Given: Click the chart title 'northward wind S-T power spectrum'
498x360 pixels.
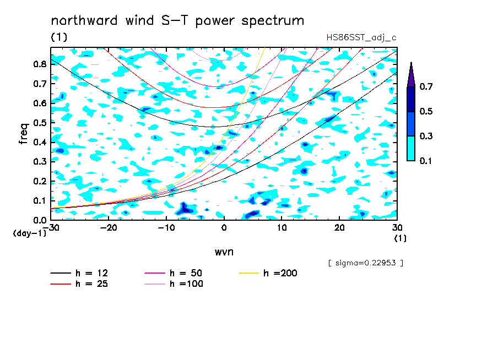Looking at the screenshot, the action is pos(177,21).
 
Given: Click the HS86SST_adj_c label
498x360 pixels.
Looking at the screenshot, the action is pos(361,38).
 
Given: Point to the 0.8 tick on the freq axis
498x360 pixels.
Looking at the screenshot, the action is pos(40,64).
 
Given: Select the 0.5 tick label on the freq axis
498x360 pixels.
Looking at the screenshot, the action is pos(40,123).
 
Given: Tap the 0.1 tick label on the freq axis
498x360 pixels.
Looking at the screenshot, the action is pos(40,201).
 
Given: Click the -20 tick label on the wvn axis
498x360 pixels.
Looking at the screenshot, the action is pos(109,228).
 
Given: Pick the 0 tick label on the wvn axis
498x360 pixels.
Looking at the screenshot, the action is pos(224,228).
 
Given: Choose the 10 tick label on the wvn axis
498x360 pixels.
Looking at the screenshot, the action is pos(282,228).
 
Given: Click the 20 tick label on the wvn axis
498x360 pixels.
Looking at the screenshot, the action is pos(339,228).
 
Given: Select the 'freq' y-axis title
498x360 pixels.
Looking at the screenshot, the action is pos(24,134).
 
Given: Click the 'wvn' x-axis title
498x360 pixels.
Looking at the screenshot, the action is pos(224,252).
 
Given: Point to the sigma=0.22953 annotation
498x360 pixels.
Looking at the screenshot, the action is pos(366,263).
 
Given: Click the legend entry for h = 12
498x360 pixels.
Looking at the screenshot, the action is pos(79,273).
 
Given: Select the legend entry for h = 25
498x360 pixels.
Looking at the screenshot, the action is pos(79,284).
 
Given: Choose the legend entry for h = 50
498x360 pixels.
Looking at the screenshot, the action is pos(174,273).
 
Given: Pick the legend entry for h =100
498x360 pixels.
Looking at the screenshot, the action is pos(174,284).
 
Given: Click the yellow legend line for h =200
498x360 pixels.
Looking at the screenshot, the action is pos(249,273).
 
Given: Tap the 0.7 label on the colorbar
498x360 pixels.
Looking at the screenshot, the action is pos(426,86).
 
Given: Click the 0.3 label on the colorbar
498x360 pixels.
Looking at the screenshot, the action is pos(426,136).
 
